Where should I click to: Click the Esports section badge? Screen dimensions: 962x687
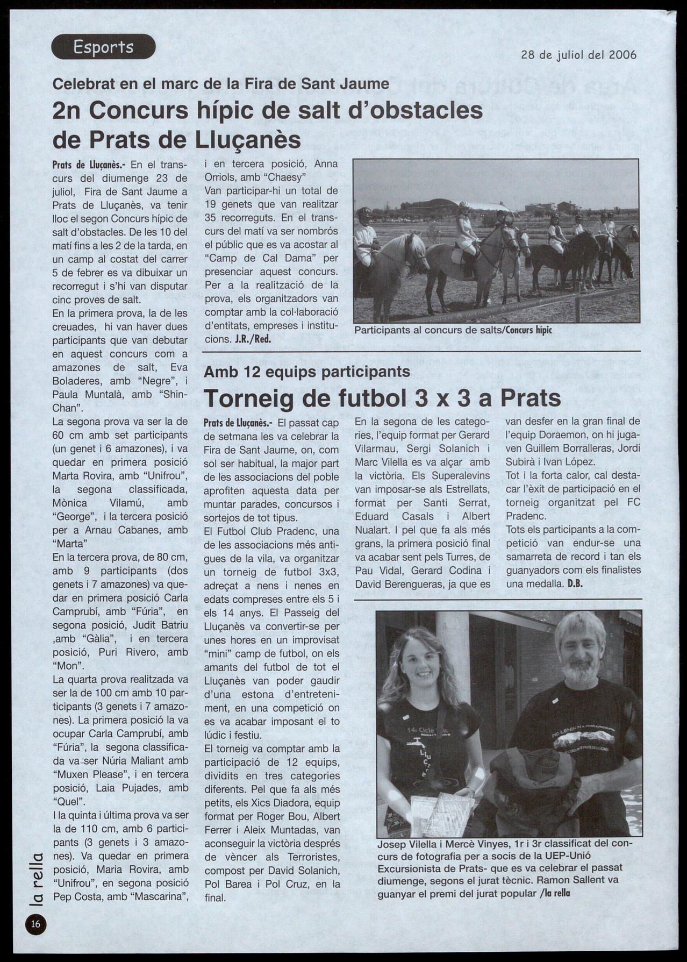tap(103, 47)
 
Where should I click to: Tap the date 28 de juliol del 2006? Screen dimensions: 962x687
tap(578, 55)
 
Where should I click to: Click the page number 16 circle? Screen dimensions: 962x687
tap(35, 924)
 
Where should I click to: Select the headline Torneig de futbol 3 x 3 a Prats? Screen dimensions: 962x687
tap(382, 398)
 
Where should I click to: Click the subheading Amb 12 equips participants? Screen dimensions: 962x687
tap(307, 372)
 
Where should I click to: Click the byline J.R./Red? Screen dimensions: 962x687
tap(253, 339)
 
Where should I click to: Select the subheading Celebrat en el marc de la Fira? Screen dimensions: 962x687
tap(220, 84)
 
